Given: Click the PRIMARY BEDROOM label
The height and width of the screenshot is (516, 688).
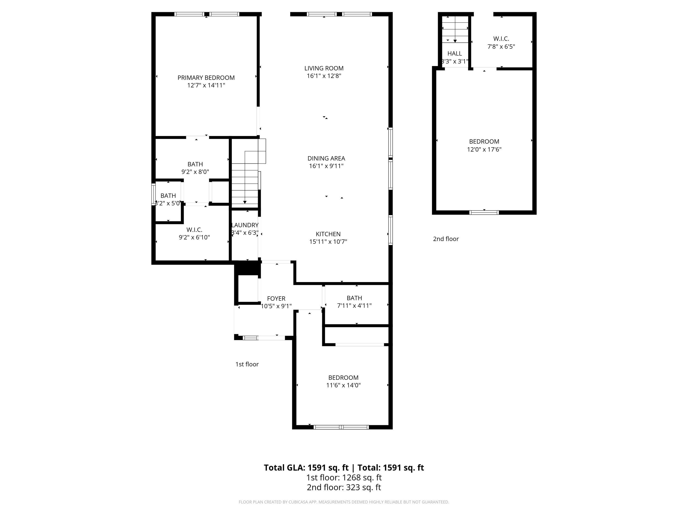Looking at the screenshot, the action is click(206, 78).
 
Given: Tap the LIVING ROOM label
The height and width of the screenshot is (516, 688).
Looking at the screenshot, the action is click(324, 68).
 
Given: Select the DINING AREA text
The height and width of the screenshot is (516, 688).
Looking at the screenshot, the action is click(326, 158).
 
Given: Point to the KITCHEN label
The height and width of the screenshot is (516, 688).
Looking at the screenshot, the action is click(328, 234).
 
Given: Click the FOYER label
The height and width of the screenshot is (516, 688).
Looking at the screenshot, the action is click(276, 299).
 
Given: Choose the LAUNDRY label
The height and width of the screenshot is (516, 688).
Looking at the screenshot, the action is click(245, 225).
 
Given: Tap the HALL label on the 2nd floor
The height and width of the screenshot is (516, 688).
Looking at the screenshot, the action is click(454, 53).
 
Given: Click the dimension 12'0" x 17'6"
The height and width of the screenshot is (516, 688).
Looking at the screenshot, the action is click(484, 149).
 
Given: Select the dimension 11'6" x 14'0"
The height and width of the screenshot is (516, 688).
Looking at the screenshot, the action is click(343, 385).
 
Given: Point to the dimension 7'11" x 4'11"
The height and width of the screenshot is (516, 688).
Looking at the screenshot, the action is click(354, 306).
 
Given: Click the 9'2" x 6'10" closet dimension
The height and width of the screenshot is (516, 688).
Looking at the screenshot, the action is click(194, 238).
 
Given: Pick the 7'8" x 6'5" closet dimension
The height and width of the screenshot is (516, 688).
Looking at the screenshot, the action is click(501, 47).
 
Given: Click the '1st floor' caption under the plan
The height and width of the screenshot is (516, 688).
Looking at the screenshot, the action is click(247, 364).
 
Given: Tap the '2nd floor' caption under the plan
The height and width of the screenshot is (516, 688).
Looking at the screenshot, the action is click(446, 239).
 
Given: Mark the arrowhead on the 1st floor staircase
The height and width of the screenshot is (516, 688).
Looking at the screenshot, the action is click(245, 202).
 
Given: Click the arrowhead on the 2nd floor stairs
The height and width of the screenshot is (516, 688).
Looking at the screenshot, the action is click(455, 41).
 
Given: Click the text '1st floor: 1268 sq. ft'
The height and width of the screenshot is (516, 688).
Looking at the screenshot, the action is click(344, 477).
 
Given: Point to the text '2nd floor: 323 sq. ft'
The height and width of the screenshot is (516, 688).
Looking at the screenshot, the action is click(344, 487).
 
